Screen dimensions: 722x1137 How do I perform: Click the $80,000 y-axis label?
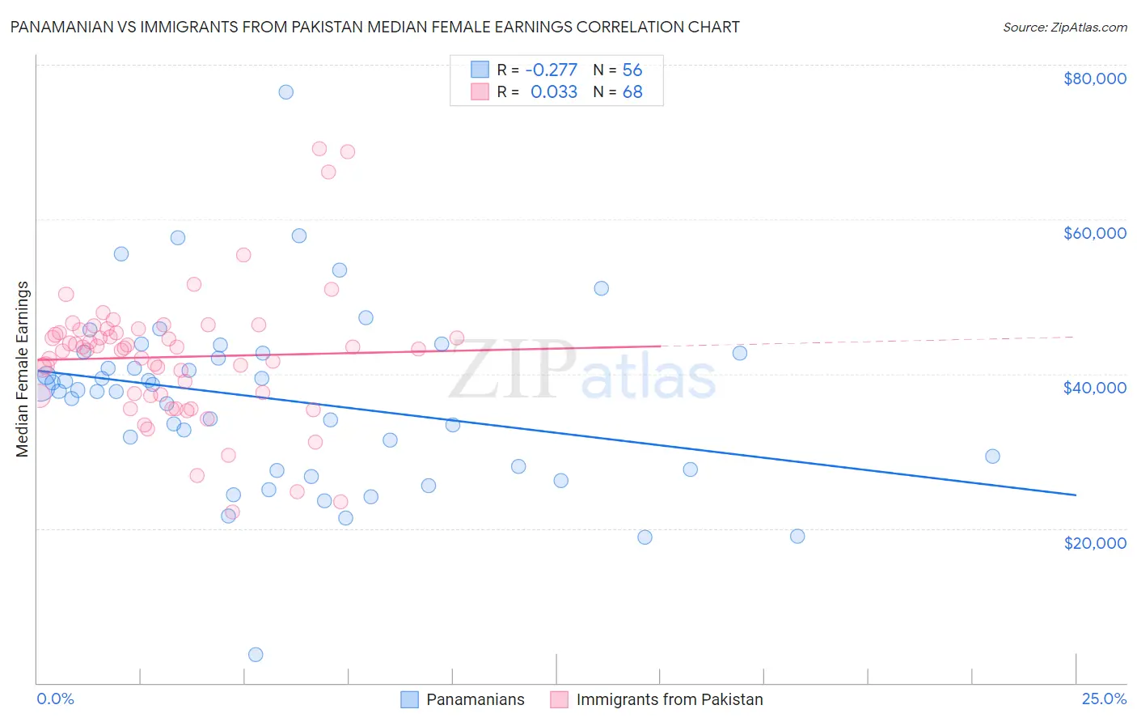point(1094,79)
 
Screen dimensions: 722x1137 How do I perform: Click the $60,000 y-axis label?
point(1094,233)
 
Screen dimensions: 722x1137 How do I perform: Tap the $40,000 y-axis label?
point(1094,388)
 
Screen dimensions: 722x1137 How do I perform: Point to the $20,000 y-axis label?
point(1094,542)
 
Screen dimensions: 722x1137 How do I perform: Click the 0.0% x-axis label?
point(55,699)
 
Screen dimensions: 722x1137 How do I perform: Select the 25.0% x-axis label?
point(1104,699)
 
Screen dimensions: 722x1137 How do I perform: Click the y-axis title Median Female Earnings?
point(23,369)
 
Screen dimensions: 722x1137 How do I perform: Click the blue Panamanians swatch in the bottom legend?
point(409,699)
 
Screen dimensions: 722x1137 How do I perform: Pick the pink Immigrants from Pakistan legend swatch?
point(559,699)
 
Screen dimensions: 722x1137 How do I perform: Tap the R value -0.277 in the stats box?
point(551,70)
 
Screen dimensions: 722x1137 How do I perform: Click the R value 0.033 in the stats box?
point(554,92)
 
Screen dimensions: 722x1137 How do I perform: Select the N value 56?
point(632,70)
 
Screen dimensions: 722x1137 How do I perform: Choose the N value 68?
point(632,92)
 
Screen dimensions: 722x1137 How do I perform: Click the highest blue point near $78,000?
point(285,91)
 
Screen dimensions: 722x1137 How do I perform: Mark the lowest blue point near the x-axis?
point(256,654)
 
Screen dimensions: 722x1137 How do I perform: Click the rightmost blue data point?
point(992,456)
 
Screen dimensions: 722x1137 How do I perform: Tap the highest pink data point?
point(319,148)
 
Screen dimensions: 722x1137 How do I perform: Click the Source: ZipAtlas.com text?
point(1064,27)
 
